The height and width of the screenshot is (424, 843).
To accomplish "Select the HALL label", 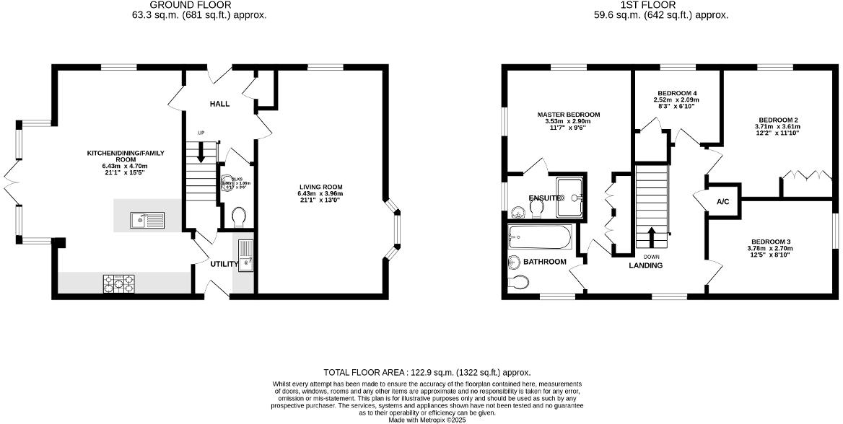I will [x=219, y=104].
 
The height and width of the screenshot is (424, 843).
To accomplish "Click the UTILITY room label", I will [x=224, y=265].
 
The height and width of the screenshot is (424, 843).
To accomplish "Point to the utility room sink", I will [x=245, y=257].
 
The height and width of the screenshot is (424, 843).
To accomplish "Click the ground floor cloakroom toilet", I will [x=241, y=216].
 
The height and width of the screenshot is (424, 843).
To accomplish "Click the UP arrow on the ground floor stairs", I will [x=201, y=152].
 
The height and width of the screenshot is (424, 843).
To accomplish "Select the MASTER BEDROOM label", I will [x=568, y=115].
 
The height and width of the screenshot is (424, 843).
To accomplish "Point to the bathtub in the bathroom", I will [x=541, y=235].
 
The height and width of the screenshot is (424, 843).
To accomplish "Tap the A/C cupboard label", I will [x=722, y=202].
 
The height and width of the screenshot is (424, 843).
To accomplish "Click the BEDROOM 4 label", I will [x=677, y=93].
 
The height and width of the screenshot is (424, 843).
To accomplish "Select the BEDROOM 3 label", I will [x=771, y=242].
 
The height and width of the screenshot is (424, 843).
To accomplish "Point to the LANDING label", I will [x=645, y=265].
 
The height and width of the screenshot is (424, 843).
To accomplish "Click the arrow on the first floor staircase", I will [x=652, y=234].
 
